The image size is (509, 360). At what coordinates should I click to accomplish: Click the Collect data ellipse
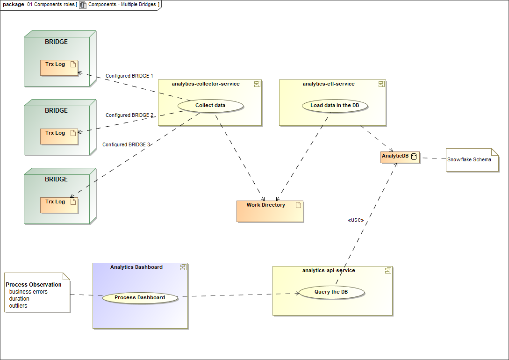pyautogui.click(x=210, y=106)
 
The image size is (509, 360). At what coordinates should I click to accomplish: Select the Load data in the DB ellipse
pyautogui.click(x=335, y=106)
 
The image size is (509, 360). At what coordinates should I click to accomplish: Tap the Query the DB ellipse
pyautogui.click(x=331, y=292)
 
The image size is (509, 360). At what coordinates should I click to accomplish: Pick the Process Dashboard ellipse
pyautogui.click(x=140, y=298)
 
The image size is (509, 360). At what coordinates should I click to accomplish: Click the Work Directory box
pyautogui.click(x=270, y=211)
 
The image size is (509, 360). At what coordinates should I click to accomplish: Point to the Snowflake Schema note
pyautogui.click(x=471, y=160)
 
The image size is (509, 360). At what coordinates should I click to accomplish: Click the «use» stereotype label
pyautogui.click(x=356, y=220)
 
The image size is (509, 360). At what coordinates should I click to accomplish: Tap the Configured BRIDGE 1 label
pyautogui.click(x=129, y=76)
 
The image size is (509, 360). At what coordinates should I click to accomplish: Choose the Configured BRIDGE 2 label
pyautogui.click(x=129, y=115)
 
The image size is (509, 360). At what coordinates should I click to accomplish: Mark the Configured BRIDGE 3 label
pyautogui.click(x=126, y=145)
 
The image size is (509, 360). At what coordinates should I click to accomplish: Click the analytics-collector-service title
pyautogui.click(x=206, y=84)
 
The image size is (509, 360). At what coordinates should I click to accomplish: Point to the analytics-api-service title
pyautogui.click(x=329, y=271)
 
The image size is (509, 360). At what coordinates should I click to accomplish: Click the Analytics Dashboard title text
pyautogui.click(x=136, y=267)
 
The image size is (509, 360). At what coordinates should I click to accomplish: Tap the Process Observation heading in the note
pyautogui.click(x=34, y=285)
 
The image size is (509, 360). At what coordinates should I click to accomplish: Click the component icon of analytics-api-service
pyautogui.click(x=387, y=271)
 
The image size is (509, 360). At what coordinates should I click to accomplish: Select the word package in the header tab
pyautogui.click(x=14, y=5)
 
